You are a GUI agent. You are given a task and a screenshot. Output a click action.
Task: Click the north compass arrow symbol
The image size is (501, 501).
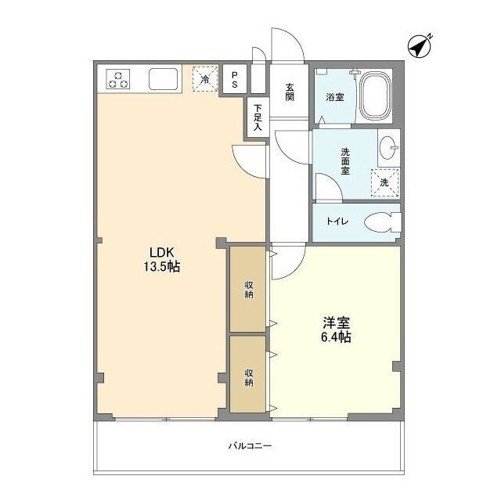click(420, 46)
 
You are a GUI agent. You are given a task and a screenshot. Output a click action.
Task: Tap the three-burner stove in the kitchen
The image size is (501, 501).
click(118, 79)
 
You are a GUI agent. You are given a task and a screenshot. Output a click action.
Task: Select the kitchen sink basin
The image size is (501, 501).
click(164, 79)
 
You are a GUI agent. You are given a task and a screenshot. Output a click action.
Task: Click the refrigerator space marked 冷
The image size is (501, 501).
click(205, 79)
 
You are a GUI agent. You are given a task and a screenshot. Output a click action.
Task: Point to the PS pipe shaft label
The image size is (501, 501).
click(235, 80)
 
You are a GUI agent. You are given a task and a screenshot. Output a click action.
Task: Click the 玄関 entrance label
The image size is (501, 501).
click(290, 92)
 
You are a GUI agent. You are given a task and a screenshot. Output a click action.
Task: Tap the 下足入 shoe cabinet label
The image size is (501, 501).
click(258, 117)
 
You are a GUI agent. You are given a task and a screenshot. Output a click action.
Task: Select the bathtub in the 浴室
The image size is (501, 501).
click(376, 96)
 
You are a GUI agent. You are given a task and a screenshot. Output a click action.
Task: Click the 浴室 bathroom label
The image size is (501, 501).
click(335, 97)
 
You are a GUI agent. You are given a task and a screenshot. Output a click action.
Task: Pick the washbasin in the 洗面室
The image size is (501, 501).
click(389, 148)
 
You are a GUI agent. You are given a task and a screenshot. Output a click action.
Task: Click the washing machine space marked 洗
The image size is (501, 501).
click(384, 182)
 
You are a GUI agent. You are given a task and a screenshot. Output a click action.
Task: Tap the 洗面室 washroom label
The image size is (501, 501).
click(345, 161)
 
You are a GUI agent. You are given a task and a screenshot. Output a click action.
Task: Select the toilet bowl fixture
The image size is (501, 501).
click(383, 222)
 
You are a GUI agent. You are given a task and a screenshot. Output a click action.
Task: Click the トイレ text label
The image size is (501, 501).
click(337, 221)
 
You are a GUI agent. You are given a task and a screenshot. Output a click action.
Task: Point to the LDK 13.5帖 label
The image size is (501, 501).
click(162, 259)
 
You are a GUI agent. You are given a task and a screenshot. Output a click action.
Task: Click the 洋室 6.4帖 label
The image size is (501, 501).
click(336, 330)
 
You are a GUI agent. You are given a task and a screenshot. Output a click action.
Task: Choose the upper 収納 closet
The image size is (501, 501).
click(248, 289)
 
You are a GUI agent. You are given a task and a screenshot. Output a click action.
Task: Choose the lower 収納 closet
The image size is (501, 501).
click(248, 374)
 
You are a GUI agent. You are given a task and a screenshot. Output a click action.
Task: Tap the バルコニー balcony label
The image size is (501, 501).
click(250, 445)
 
